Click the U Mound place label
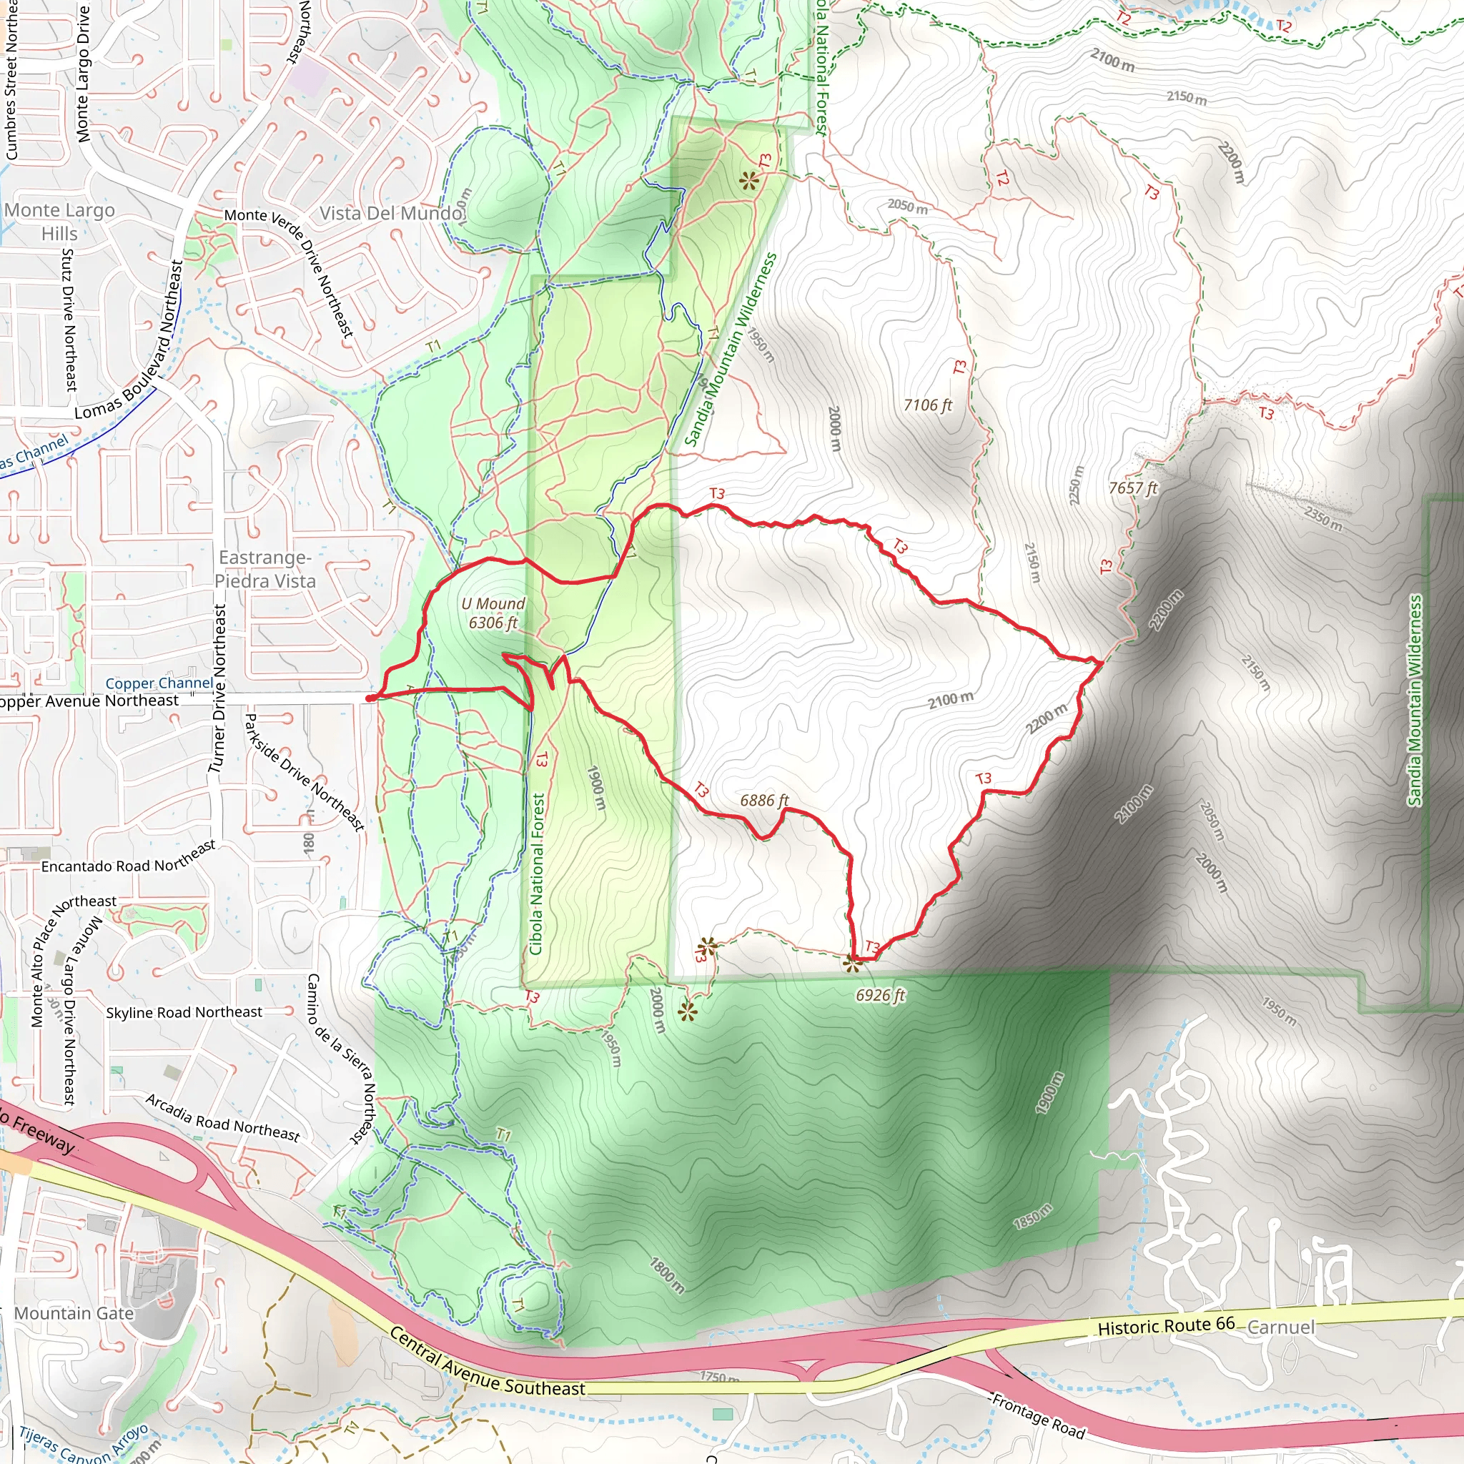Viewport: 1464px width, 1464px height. point(493,613)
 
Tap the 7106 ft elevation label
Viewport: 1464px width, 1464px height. point(927,405)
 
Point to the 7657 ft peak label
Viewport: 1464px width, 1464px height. point(1133,488)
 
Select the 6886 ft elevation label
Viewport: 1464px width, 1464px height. point(764,800)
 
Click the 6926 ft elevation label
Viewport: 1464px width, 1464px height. point(881,995)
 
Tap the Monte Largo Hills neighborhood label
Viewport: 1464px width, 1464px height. point(59,222)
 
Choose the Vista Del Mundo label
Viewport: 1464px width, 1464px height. point(391,213)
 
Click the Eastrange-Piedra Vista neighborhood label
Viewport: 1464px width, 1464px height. point(264,569)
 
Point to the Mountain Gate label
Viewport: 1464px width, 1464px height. point(74,1313)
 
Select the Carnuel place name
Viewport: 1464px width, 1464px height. point(1280,1327)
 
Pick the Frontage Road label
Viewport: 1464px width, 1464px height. point(1038,1415)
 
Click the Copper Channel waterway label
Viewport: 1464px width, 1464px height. point(159,683)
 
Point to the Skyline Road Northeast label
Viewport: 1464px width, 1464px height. point(184,1012)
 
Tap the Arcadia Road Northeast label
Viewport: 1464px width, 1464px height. point(223,1118)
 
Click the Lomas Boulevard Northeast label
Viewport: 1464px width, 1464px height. point(129,340)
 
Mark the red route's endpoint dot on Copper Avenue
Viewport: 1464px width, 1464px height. point(369,698)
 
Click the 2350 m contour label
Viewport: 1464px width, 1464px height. point(1323,519)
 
